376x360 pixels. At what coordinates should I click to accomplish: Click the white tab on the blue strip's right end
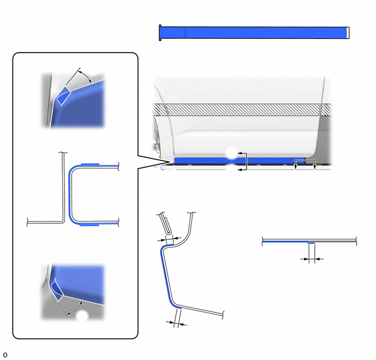348,33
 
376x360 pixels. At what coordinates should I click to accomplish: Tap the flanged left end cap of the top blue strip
160,33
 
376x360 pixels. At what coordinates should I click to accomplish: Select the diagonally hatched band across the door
242,109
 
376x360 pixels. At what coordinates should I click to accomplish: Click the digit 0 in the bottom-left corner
5,355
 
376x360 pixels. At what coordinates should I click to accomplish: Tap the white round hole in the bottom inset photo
82,316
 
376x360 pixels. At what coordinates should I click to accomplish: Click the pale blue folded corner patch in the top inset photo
63,96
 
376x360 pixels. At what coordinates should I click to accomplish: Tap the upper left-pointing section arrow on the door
241,153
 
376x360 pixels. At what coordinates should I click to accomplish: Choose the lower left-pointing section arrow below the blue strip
241,170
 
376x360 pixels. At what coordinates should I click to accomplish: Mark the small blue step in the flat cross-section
312,243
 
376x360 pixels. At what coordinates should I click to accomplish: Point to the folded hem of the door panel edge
166,224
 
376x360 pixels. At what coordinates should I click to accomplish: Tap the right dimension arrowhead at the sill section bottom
183,324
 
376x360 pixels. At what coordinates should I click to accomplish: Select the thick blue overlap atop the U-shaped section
90,164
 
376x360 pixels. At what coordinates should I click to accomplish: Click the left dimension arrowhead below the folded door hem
162,240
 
